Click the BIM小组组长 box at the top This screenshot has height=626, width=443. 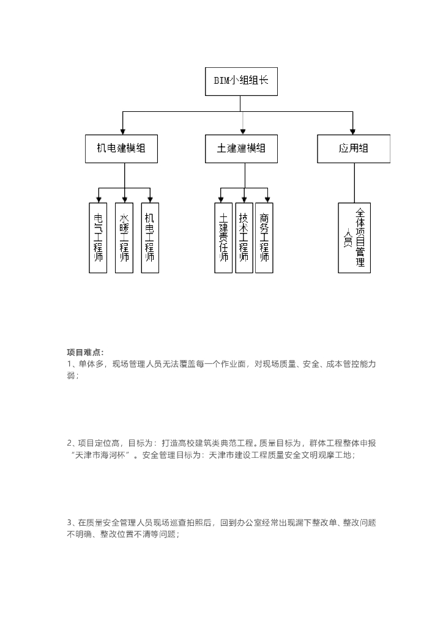(x=241, y=81)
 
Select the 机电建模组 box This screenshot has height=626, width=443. (x=121, y=149)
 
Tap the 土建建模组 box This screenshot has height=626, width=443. (x=241, y=149)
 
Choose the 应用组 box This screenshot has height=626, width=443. (x=353, y=149)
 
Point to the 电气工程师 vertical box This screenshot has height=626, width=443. (x=98, y=238)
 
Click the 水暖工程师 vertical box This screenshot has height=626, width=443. (x=124, y=238)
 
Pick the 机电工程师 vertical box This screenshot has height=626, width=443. (x=150, y=238)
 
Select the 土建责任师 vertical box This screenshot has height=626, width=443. (x=224, y=238)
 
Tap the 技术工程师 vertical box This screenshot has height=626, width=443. (x=244, y=238)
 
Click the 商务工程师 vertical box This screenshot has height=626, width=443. (x=264, y=238)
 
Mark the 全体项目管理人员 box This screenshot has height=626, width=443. (x=354, y=238)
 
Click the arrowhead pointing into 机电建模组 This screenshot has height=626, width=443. (x=123, y=131)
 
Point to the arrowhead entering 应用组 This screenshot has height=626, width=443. (x=354, y=131)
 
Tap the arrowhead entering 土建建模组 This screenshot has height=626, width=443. (x=243, y=131)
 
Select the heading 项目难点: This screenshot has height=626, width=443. (x=85, y=352)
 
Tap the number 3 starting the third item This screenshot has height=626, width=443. (x=69, y=523)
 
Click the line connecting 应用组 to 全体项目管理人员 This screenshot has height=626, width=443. (x=354, y=183)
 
